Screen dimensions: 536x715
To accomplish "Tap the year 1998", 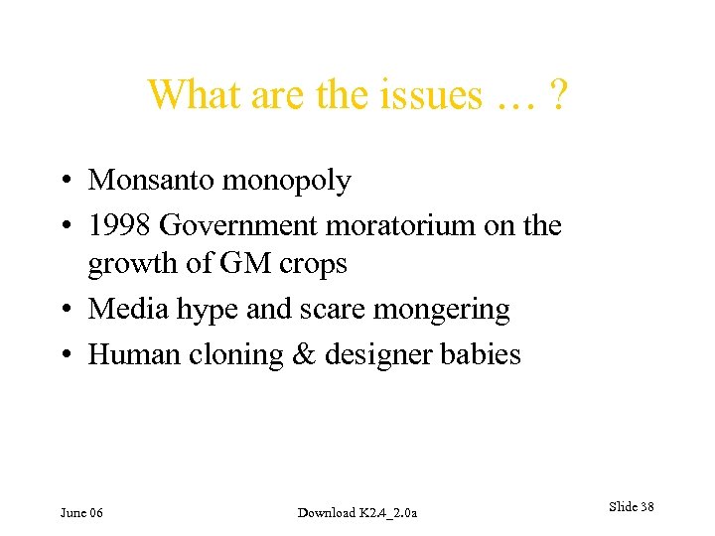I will pos(119,225).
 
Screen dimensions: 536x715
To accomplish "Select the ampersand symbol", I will pos(304,354).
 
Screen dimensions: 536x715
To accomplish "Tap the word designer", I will pos(378,355).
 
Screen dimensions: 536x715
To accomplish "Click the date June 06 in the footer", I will pos(81,512).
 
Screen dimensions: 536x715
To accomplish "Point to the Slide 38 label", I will pos(631,507).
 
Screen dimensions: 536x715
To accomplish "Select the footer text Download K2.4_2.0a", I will pos(357,512).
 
